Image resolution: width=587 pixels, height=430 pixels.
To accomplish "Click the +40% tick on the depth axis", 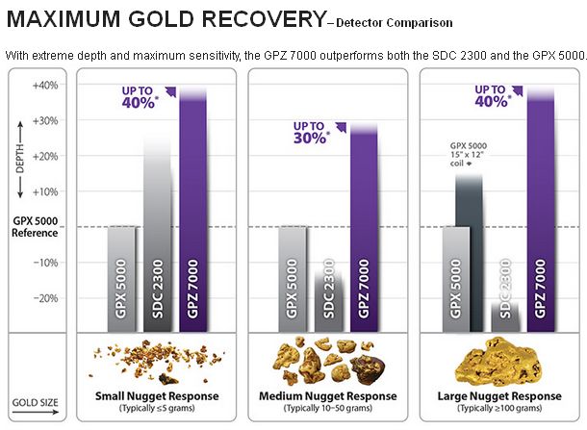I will (45, 86).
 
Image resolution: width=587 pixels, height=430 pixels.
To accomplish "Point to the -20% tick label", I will (45, 298).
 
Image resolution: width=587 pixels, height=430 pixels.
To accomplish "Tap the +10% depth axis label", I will (45, 192).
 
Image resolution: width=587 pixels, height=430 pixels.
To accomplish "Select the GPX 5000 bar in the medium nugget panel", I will (292, 279).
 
